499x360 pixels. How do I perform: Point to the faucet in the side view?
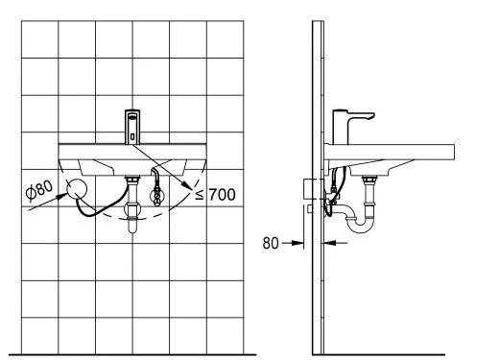tap(347, 125)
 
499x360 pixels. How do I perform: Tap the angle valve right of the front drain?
tap(156, 195)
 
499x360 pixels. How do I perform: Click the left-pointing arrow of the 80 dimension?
tap(326, 244)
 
